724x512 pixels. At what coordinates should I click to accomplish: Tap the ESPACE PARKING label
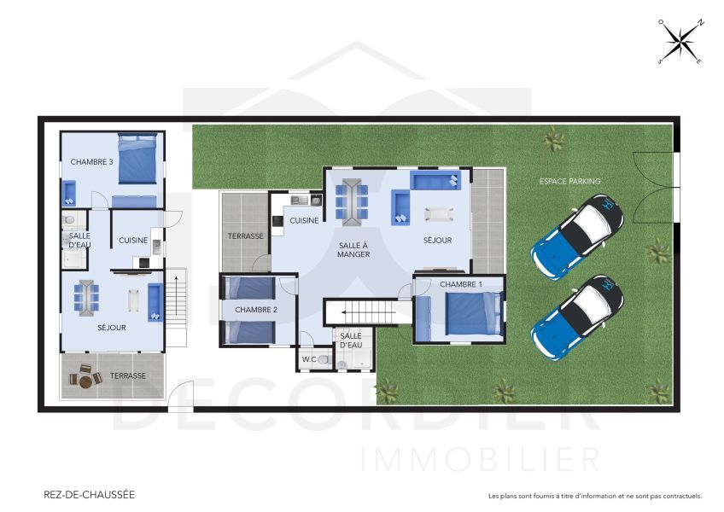[x=569, y=181]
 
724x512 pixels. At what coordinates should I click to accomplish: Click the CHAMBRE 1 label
[x=461, y=283]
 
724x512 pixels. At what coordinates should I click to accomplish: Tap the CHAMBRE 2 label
[x=256, y=309]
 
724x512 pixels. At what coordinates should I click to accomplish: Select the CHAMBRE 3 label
[x=92, y=161]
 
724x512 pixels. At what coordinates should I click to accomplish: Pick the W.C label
[x=309, y=360]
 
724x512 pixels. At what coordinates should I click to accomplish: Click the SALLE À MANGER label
[x=353, y=248]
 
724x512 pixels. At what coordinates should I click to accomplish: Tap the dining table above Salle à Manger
[x=353, y=201]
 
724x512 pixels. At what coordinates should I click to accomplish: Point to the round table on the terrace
[x=85, y=375]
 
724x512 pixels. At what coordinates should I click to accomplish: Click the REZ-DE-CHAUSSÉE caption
[x=89, y=494]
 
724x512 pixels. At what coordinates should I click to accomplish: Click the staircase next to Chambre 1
[x=362, y=311]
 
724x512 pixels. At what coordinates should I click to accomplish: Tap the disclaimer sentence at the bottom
[x=594, y=496]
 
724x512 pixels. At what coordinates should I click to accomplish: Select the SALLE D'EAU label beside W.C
[x=351, y=340]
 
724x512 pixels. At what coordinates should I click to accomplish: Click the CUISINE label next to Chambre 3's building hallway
[x=133, y=240]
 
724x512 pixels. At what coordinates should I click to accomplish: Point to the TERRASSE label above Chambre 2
[x=245, y=236]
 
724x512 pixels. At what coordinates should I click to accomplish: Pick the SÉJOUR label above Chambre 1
[x=437, y=241]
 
